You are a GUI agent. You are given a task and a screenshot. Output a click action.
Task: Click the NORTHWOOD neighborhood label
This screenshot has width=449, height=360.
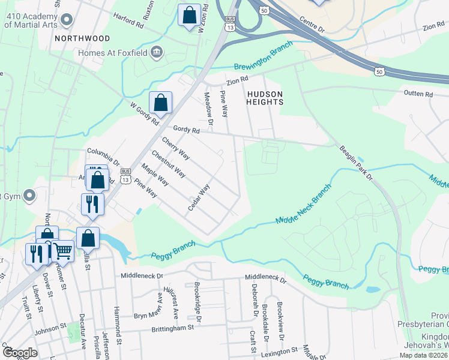82,38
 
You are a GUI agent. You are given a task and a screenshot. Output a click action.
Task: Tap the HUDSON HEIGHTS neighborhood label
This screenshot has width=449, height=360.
264,98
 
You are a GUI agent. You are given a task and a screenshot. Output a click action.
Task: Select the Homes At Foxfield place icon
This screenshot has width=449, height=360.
157,52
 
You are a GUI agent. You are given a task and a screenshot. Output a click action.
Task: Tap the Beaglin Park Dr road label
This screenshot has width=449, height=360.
355,162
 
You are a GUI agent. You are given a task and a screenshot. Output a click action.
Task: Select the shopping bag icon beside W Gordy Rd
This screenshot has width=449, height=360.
161,103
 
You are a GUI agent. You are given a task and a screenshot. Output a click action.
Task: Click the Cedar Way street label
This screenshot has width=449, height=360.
199,197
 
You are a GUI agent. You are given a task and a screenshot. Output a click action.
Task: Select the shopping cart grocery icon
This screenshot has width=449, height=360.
63,251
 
